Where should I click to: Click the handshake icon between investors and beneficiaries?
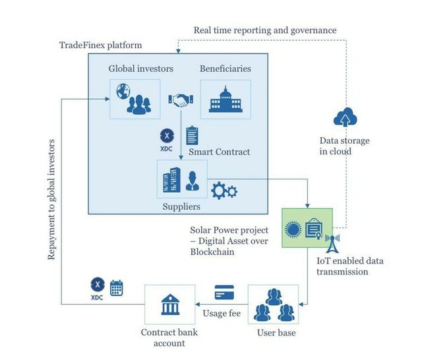click(x=180, y=100)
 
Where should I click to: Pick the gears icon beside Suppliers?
click(x=224, y=191)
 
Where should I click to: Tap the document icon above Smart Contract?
click(x=193, y=135)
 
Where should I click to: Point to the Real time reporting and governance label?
click(x=264, y=30)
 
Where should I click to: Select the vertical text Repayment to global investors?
click(x=52, y=198)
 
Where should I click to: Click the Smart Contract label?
click(x=220, y=152)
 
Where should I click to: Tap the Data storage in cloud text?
click(x=344, y=146)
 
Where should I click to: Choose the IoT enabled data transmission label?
click(x=350, y=266)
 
